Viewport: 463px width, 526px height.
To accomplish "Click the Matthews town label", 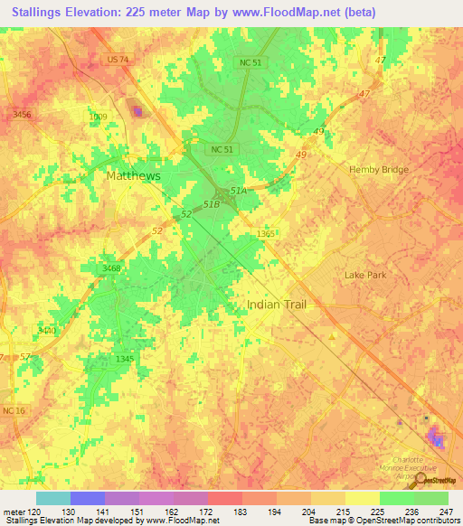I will click(133, 176).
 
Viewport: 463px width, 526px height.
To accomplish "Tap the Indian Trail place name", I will click(276, 305).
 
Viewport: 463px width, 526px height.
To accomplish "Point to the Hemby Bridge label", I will click(379, 169).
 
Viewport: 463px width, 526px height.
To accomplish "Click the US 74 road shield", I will click(118, 60).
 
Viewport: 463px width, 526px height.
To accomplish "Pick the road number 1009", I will click(98, 117).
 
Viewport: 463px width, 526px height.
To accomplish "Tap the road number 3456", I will click(22, 114).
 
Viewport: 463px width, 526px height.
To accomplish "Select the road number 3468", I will click(111, 268).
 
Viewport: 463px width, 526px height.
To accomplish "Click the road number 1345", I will click(125, 360).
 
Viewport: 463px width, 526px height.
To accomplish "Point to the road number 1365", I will click(265, 234).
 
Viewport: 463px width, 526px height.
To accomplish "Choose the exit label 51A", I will click(238, 192).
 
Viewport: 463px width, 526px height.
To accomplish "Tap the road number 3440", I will click(47, 331).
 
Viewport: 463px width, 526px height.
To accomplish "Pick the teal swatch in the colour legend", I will click(52, 498).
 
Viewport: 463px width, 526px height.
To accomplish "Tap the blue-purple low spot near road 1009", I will click(137, 111).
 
